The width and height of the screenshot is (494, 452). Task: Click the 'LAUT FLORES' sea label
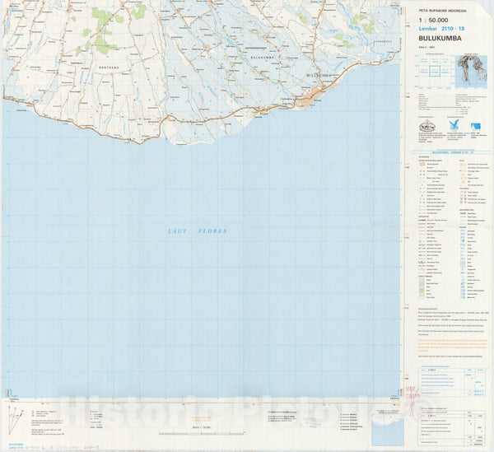point(193,233)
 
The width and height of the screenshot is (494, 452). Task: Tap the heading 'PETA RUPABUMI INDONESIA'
point(436,9)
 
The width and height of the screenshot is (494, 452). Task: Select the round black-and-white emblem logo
point(426,126)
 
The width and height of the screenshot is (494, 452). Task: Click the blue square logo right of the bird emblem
point(476,126)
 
